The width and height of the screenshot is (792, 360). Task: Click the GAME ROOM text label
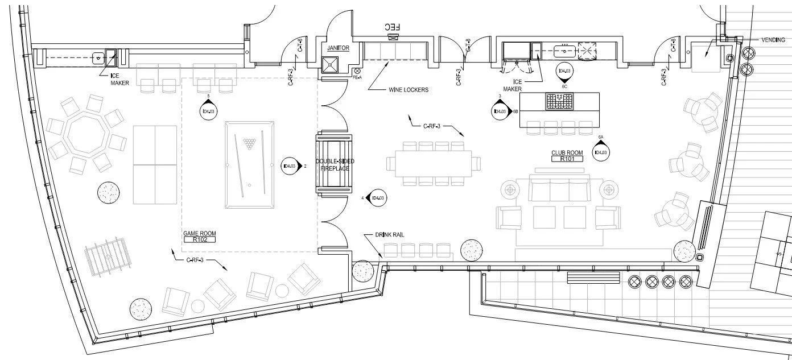(199, 233)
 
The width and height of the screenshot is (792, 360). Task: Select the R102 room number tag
(199, 240)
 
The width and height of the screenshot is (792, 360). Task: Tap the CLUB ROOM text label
(567, 153)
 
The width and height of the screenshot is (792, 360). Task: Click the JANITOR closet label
(338, 48)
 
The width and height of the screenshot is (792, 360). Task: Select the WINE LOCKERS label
(408, 90)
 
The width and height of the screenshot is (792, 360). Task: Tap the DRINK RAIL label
(390, 234)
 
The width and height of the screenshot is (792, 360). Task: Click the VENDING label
(773, 40)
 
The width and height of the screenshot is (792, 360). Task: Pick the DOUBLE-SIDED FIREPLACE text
(335, 165)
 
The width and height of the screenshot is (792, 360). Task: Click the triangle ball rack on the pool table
(249, 142)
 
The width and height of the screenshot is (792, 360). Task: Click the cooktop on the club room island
(560, 101)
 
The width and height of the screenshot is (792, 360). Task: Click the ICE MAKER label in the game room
(120, 79)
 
